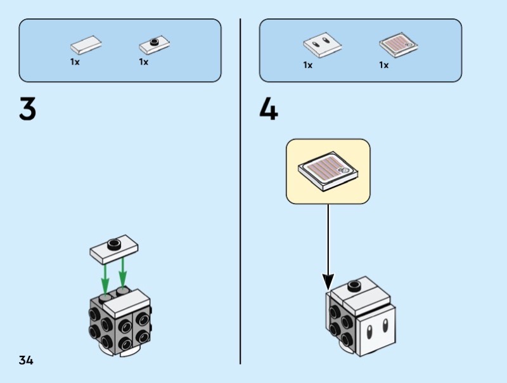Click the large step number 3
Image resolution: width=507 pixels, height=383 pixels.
point(27,110)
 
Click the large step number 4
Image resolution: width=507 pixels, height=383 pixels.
point(269,110)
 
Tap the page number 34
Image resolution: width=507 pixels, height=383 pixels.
point(26,361)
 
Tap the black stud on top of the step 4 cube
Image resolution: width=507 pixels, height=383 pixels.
point(356,285)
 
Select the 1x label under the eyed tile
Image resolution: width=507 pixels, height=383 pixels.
point(308,65)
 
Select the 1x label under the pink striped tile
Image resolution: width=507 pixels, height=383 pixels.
point(384,65)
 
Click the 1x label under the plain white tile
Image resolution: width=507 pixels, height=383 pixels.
point(75,63)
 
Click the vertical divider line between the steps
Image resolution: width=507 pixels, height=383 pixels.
point(240,190)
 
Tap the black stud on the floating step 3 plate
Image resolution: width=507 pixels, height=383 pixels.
point(114,243)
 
